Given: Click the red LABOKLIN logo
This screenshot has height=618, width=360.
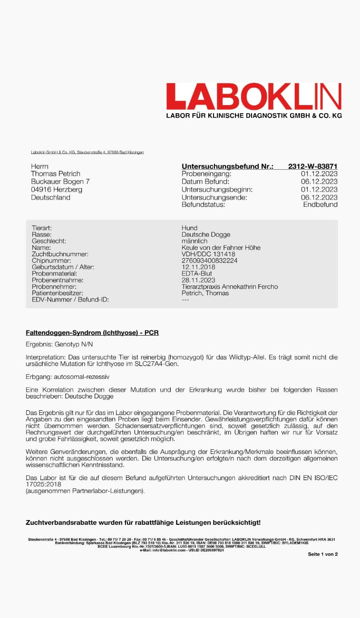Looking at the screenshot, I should coord(253,97).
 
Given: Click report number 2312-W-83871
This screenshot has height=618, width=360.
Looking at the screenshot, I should coord(312,166).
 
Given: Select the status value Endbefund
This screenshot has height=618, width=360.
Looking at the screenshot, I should coord(320,204).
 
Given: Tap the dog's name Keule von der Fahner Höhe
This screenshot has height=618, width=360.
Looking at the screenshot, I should coord(221,248).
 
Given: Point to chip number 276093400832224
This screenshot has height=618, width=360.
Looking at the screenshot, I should coord(209,261).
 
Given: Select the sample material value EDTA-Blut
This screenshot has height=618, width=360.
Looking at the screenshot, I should coord(196,274).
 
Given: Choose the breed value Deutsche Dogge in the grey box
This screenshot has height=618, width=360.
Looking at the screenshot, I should coord(205,234).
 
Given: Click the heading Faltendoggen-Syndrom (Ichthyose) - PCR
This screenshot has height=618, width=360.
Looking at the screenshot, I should coord(92,333).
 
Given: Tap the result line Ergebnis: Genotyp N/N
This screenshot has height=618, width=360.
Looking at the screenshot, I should coord(59,343).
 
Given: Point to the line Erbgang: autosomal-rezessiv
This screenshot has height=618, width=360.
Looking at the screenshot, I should coord(68,377).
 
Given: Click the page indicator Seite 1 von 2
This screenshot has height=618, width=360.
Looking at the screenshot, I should coord(322,554).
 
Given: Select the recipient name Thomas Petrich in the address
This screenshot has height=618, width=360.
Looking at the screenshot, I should coord(56,174).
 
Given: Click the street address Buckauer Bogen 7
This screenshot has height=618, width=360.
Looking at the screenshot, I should coord(60,182).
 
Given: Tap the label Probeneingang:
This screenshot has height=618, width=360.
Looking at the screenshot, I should coord(206,174).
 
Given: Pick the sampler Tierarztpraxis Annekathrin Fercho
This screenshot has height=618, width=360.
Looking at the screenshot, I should coord(229,287).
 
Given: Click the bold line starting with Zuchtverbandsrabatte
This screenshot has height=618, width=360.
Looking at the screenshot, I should coord(143,522).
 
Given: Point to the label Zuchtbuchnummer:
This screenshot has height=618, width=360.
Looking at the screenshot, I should coord(60,254).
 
